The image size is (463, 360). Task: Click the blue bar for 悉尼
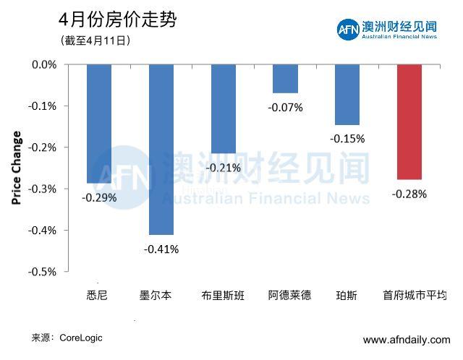tap(99, 124)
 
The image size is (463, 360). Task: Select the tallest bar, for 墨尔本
tap(161, 149)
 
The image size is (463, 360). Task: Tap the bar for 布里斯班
tap(224, 109)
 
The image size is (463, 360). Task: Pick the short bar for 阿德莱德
tap(285, 79)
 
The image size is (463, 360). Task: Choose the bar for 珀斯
tap(347, 95)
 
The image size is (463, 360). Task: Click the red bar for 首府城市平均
tap(409, 121)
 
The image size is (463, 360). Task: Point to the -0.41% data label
tap(161, 249)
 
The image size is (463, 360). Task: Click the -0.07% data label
tap(285, 108)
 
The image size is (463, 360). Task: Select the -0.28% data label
tap(409, 194)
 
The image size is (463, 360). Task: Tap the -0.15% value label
tap(347, 139)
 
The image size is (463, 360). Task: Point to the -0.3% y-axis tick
tap(44, 189)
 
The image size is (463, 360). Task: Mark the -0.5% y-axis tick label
tap(44, 272)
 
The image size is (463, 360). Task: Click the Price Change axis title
tap(17, 168)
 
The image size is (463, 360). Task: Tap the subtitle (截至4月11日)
tap(95, 41)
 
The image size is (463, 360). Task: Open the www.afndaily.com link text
tap(406, 340)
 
